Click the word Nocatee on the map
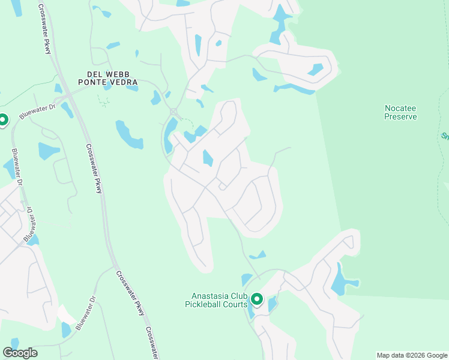tap(400, 108)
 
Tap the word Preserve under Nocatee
tap(400, 116)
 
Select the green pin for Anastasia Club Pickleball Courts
tap(257, 298)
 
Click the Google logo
tap(20, 353)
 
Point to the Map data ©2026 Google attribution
tap(411, 355)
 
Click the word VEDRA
tap(124, 82)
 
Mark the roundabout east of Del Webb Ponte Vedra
tap(173, 112)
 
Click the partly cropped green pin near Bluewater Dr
tap(2, 120)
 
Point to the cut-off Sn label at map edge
tap(445, 136)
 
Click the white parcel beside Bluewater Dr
tap(67, 314)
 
